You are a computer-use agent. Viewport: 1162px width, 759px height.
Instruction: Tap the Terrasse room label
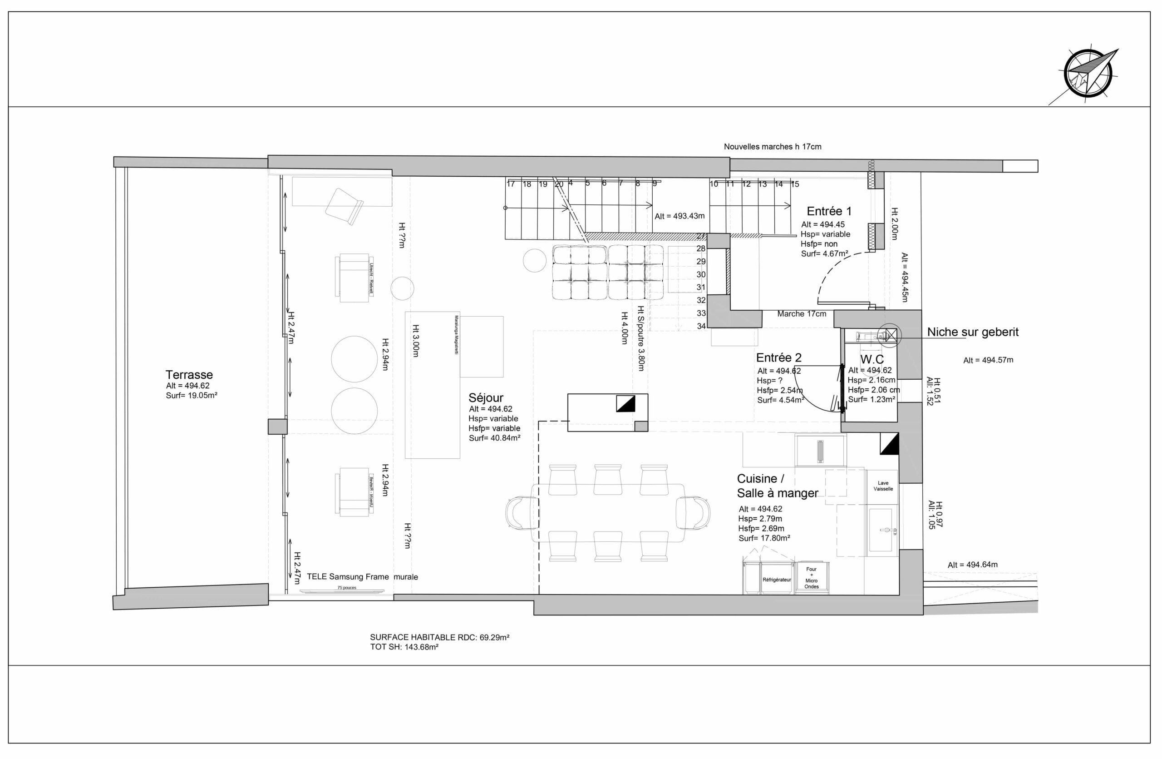pyautogui.click(x=189, y=375)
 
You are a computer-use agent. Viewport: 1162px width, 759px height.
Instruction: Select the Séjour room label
pyautogui.click(x=486, y=397)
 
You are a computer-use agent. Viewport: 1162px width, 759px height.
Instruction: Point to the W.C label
pyautogui.click(x=872, y=359)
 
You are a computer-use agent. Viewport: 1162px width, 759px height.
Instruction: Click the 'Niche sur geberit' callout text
pyautogui.click(x=973, y=332)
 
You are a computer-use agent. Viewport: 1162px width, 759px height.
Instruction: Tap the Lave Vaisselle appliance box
pyautogui.click(x=883, y=486)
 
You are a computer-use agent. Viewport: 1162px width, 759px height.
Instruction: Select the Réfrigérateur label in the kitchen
pyautogui.click(x=776, y=580)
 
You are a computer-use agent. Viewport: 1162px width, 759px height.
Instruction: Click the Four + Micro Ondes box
pyautogui.click(x=812, y=578)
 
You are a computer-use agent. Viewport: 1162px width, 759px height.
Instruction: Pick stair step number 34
pyautogui.click(x=701, y=326)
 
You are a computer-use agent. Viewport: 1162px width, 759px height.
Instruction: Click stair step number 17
pyautogui.click(x=511, y=184)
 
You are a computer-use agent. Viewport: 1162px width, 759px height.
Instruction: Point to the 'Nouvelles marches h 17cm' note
pyautogui.click(x=773, y=147)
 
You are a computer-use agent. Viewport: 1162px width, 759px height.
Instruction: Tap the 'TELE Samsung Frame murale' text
pyautogui.click(x=362, y=577)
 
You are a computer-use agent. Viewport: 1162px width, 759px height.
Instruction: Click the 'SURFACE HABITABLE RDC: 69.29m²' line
pyautogui.click(x=439, y=637)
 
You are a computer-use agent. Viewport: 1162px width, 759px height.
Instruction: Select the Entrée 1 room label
pyautogui.click(x=829, y=212)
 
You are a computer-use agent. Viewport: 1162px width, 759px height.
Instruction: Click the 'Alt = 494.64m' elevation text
pyautogui.click(x=973, y=565)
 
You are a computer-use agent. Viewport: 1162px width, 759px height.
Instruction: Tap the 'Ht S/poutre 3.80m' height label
pyautogui.click(x=640, y=338)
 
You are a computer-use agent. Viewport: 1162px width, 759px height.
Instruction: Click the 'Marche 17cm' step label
pyautogui.click(x=802, y=314)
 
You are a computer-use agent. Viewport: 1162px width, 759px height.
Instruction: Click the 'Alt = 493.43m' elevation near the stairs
pyautogui.click(x=679, y=216)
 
